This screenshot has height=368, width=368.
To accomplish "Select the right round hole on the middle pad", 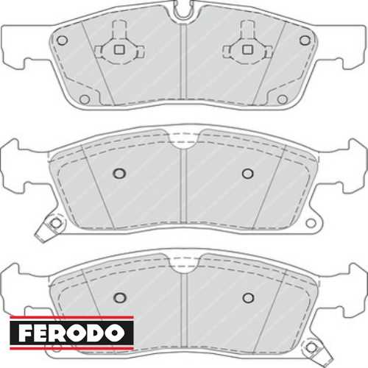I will point(247,174).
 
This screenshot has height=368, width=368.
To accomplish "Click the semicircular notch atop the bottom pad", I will point(184,262).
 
